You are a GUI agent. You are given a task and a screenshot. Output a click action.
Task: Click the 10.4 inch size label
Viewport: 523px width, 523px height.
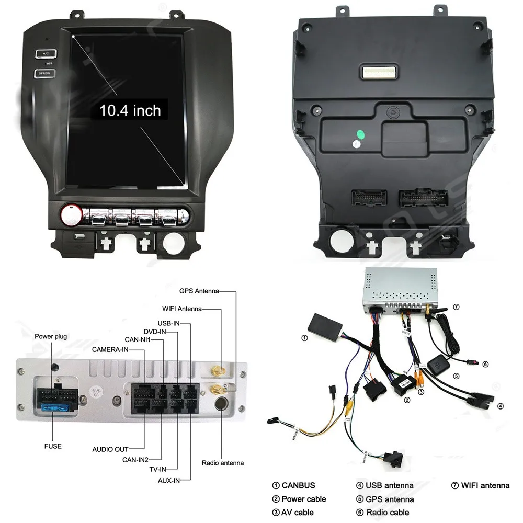130,110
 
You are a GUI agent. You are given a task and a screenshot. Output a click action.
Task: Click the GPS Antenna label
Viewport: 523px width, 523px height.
199,291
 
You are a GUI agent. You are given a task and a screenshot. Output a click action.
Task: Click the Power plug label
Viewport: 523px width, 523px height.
51,336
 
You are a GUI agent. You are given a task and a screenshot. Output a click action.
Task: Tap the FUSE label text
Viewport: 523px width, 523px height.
52,446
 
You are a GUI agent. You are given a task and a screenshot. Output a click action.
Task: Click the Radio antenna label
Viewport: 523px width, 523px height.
223,463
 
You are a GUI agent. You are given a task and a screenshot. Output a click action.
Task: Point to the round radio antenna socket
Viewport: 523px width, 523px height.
222,403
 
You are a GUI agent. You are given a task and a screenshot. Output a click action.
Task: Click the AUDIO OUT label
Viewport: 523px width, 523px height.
110,449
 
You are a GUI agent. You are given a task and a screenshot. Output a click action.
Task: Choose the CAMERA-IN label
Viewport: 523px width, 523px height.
110,349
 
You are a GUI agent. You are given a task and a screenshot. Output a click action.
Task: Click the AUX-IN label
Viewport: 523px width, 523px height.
169,480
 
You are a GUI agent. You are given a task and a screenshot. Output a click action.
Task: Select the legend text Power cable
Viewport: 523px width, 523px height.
303,499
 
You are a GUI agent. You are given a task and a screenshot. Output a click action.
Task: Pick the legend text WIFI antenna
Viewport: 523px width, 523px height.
485,485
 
